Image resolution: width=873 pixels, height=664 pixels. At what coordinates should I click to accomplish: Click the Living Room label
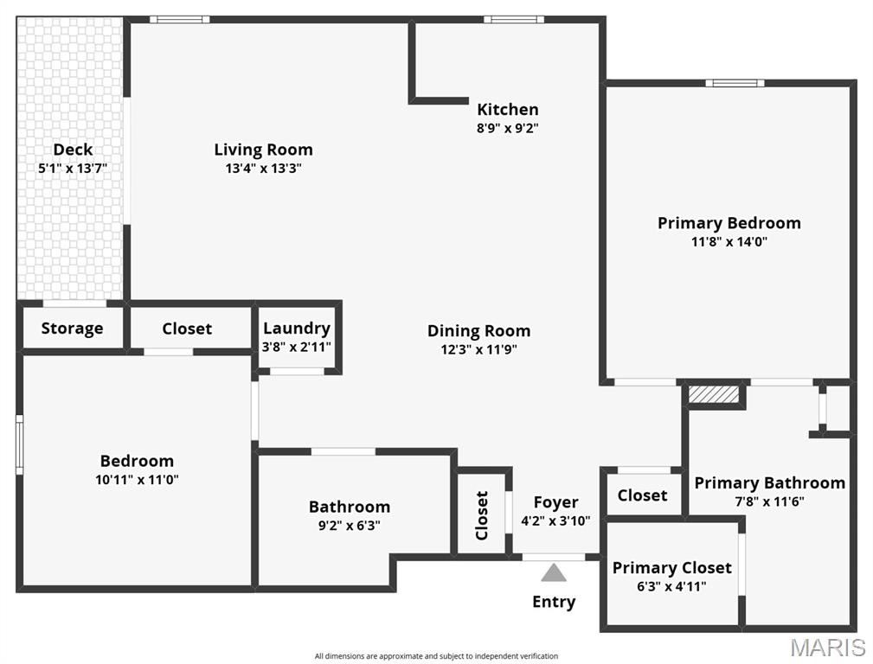(263, 150)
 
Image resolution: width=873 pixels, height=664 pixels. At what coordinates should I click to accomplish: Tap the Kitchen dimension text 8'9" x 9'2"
(508, 128)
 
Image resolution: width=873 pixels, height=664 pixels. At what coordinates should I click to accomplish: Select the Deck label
(73, 150)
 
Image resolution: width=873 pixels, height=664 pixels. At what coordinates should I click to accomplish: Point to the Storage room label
(72, 329)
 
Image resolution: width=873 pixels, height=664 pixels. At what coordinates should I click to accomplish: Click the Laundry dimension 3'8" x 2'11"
(297, 347)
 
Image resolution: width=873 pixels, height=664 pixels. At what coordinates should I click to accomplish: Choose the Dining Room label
(478, 330)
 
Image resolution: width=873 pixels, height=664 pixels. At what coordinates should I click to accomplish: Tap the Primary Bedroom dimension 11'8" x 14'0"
(729, 242)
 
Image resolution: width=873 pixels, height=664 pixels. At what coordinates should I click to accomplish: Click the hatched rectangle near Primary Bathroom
(714, 394)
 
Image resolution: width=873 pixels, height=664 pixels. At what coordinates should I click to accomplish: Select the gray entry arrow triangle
(554, 572)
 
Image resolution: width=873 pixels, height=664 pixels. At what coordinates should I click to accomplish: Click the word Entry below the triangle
(554, 602)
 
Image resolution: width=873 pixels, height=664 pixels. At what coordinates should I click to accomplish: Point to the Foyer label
(555, 502)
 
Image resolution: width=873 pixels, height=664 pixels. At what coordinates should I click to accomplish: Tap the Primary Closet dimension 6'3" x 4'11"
(671, 586)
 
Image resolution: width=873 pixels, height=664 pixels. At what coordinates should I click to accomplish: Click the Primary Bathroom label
(769, 482)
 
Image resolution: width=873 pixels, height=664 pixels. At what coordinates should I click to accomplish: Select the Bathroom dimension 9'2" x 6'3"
(350, 525)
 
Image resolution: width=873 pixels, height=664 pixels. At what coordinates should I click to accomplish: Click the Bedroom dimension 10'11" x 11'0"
(137, 479)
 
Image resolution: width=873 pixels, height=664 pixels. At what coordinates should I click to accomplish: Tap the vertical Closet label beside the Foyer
(483, 515)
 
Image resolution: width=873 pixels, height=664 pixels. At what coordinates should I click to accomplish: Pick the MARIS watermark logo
(828, 647)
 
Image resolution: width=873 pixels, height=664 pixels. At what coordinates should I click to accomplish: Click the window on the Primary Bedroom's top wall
(735, 83)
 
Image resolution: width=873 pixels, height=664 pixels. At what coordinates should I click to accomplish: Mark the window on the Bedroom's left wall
(19, 444)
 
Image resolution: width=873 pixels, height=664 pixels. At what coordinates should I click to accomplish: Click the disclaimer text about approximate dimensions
(436, 656)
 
